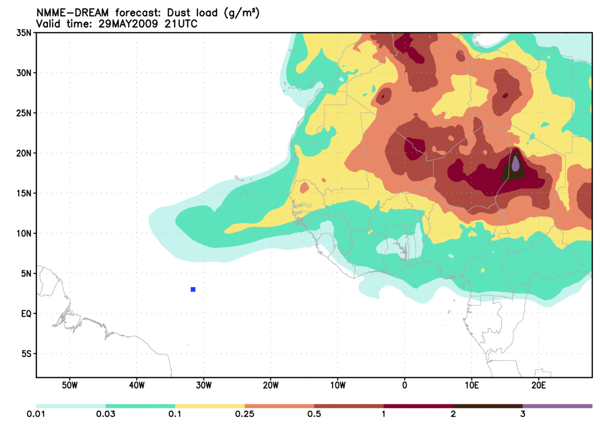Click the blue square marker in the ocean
[193, 289]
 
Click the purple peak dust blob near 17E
[516, 163]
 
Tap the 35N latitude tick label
[24, 33]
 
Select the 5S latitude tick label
[26, 353]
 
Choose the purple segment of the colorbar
[557, 406]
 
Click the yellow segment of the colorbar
[210, 406]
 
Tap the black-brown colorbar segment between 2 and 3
[488, 406]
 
